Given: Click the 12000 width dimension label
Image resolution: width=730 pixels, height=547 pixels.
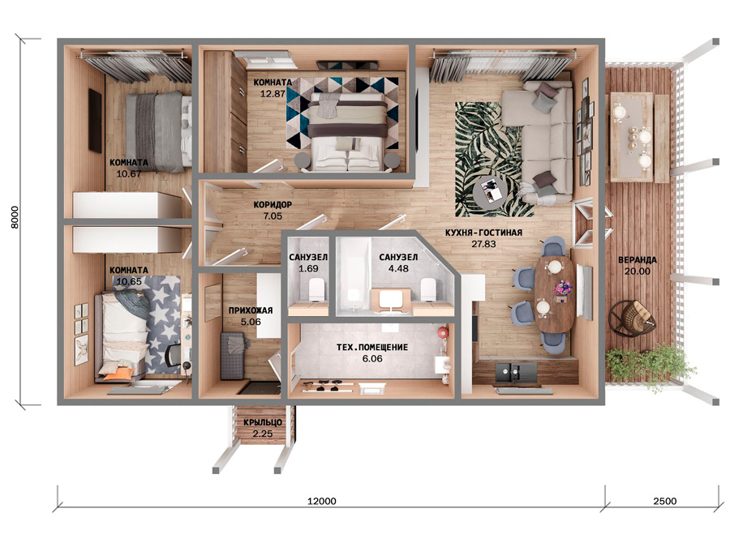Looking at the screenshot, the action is point(322,501).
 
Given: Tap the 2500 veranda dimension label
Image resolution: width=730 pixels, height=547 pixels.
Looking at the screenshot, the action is point(664,501).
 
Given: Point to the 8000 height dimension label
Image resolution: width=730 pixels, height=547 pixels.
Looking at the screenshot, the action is point(15,217).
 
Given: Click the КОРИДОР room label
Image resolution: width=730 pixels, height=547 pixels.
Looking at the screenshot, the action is point(273,204).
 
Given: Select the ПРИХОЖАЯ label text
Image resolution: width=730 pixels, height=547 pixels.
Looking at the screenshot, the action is point(251,310).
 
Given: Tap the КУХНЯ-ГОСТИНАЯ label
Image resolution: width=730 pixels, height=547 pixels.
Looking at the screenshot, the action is point(483,232).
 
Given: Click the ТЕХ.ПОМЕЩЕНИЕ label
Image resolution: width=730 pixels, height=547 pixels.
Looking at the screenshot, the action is point(372,347).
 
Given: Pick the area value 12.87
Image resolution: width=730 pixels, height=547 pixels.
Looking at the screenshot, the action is point(273,93).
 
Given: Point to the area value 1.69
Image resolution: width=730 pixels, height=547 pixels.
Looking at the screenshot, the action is point(308,268).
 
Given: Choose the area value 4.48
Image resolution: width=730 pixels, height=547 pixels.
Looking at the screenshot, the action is point(398,268).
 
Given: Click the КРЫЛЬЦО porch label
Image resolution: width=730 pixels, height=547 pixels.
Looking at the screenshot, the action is point(263,422).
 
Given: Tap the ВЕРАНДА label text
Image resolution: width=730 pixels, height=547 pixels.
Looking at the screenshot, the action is point(638,260).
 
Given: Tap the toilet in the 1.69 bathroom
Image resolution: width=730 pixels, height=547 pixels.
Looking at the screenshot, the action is point(317,289).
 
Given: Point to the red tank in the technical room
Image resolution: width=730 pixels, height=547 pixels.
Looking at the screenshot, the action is point(442,332).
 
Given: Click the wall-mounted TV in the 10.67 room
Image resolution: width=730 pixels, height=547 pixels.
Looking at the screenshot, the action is point(95,121).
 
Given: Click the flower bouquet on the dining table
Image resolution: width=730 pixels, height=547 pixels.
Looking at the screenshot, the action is point(562,287).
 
